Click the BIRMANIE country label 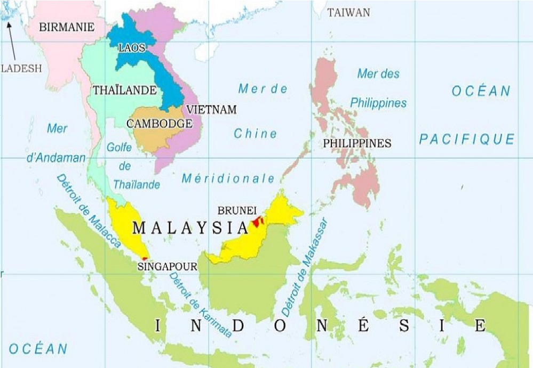point(67,27)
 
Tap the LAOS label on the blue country point(132,48)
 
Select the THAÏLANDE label point(124,90)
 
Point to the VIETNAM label point(211,109)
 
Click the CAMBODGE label point(159,124)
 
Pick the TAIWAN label point(348,13)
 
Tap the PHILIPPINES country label point(357,143)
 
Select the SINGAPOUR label point(167,266)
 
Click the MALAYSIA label point(190,228)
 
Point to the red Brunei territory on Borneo point(258,221)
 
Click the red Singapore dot point(145,259)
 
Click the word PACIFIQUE point(467,140)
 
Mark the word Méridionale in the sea point(228,178)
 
